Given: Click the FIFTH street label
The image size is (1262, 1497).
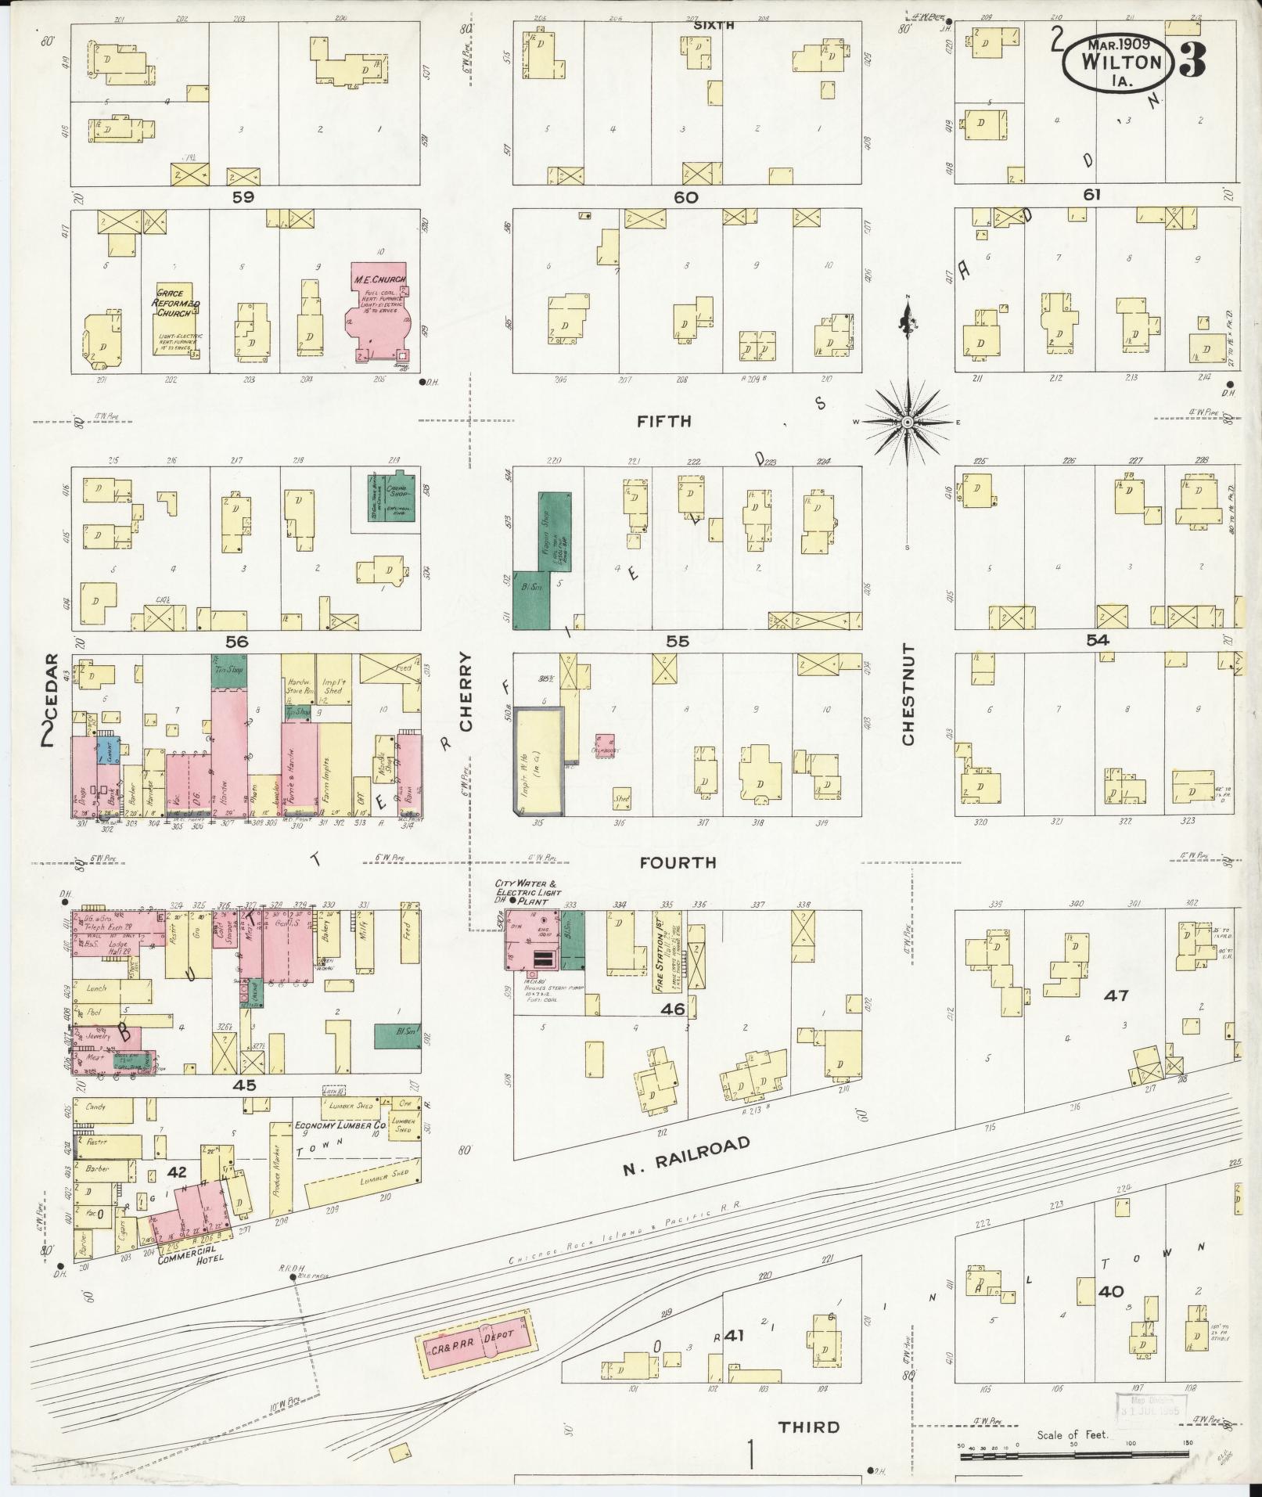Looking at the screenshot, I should click(663, 421).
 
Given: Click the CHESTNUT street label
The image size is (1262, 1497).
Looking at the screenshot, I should click(908, 694).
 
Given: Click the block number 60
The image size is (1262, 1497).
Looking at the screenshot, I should click(685, 198).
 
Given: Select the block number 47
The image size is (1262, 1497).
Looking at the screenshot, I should click(1116, 995).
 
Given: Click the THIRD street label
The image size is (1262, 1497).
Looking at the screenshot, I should click(809, 1426).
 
